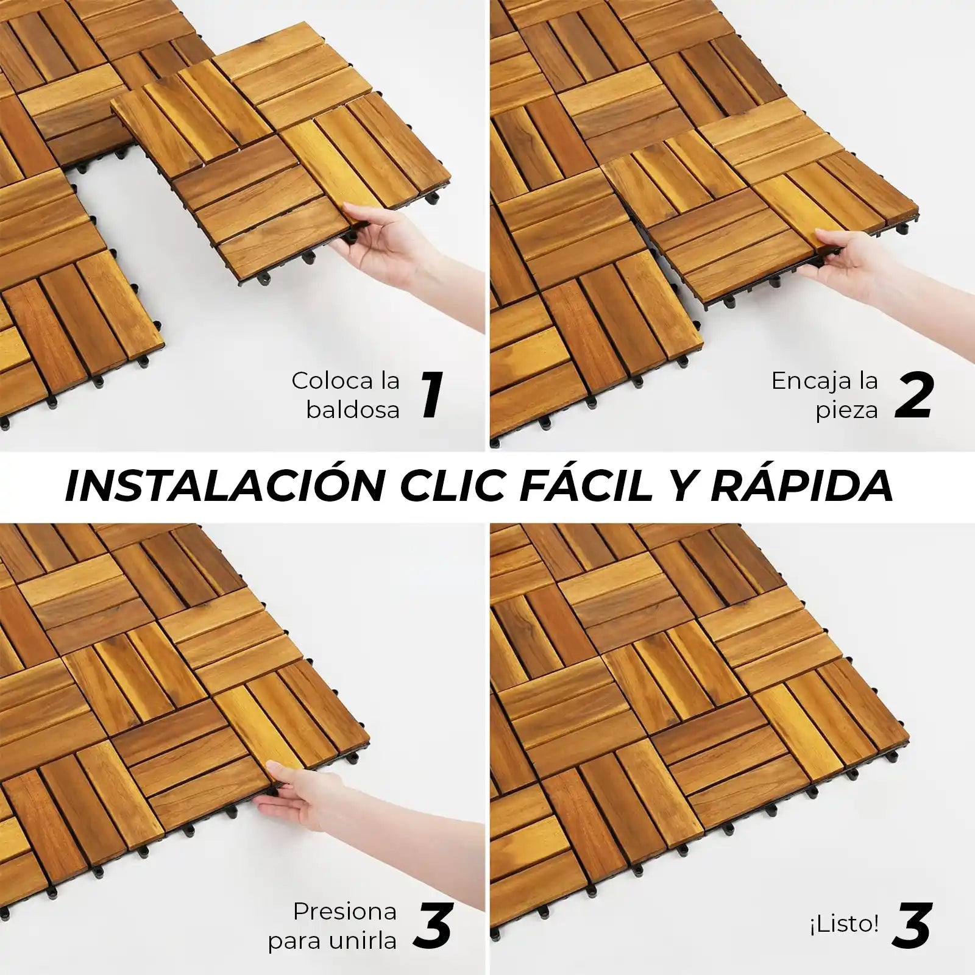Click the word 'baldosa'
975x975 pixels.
pos(353,409)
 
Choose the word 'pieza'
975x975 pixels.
pos(848,411)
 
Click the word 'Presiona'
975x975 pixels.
pos(345,912)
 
